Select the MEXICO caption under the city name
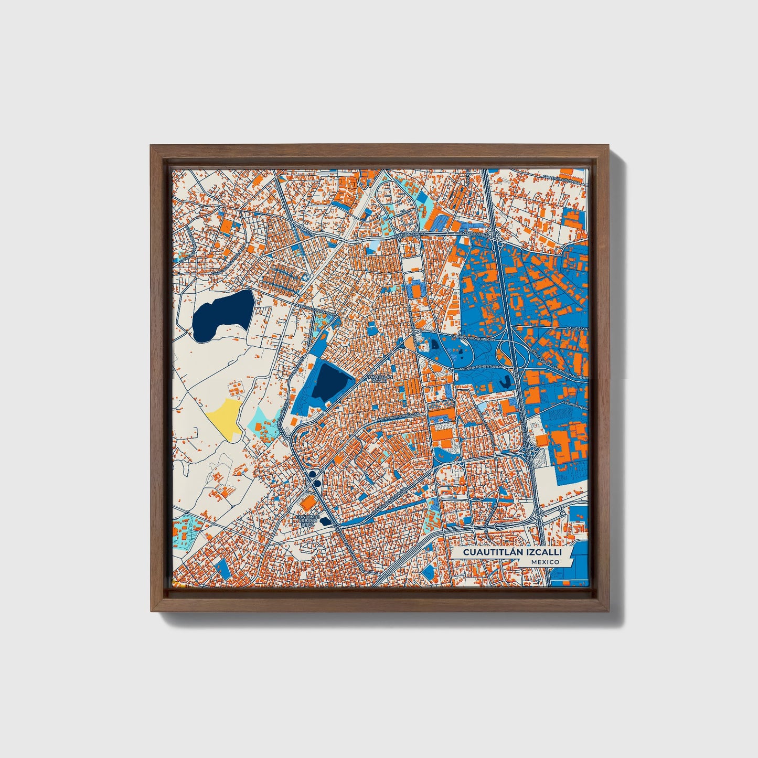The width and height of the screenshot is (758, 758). [544, 562]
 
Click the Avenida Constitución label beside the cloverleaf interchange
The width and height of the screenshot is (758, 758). [482, 367]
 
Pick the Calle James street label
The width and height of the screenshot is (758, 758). [576, 328]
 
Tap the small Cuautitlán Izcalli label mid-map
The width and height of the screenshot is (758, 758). [378, 378]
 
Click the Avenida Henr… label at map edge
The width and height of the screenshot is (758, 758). [575, 405]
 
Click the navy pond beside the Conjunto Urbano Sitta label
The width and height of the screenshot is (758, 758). [325, 521]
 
